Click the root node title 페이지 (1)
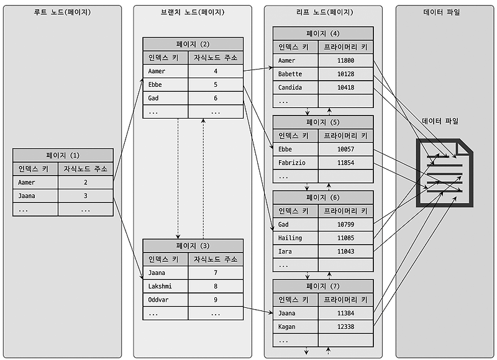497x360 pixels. click(63, 155)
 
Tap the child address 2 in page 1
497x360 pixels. click(86, 182)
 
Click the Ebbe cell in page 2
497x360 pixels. click(165, 84)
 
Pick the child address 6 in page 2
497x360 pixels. click(215, 98)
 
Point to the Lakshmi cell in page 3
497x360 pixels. click(165, 286)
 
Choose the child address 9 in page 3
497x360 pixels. click(215, 300)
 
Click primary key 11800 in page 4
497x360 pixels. click(345, 61)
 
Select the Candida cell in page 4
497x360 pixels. click(296, 88)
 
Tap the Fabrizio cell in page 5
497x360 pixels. click(296, 163)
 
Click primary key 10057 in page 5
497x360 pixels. click(345, 149)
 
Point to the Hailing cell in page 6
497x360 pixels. click(296, 238)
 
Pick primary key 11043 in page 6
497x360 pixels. click(345, 251)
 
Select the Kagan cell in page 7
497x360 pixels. click(296, 326)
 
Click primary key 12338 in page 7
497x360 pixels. click(345, 326)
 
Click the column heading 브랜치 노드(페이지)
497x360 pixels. click(193, 12)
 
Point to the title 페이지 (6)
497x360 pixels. click(323, 197)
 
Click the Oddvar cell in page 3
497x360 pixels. click(165, 300)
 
